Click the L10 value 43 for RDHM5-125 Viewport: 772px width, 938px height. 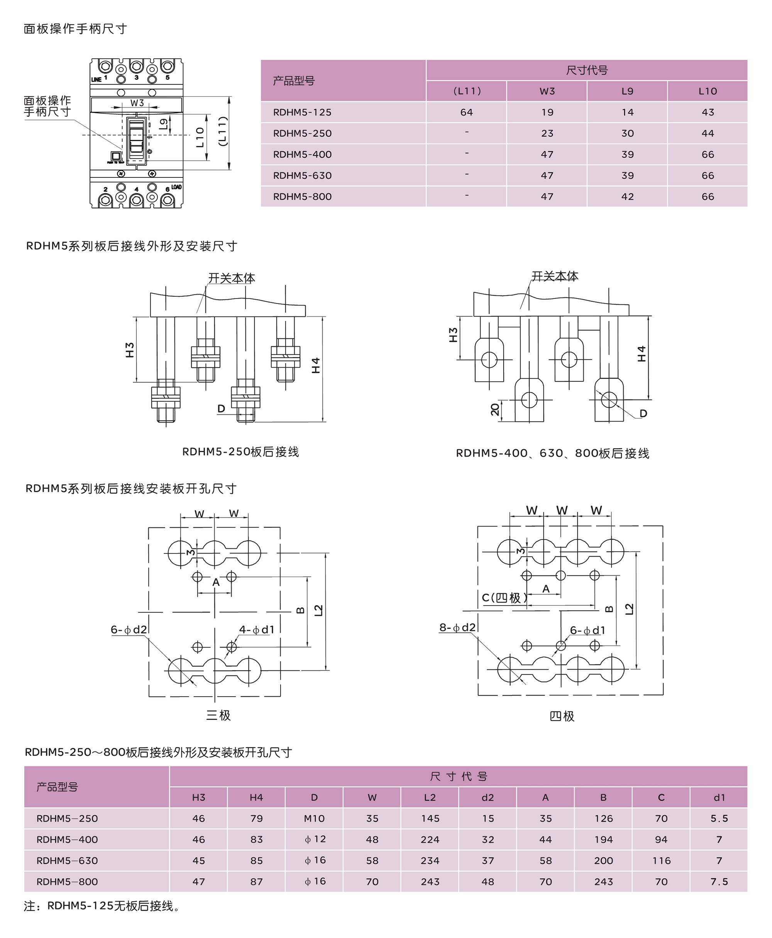(708, 112)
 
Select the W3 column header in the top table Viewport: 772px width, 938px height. (547, 91)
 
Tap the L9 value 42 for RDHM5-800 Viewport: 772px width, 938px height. (628, 197)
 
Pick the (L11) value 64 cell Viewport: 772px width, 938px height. (467, 112)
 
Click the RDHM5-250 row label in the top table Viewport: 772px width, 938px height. (302, 134)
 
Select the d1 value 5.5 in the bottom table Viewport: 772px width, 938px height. (719, 818)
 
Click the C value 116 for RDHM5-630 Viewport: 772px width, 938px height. (661, 861)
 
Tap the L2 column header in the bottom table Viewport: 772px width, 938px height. (430, 798)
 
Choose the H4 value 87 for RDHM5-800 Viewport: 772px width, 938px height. (257, 882)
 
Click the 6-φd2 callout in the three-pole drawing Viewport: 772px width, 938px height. (129, 629)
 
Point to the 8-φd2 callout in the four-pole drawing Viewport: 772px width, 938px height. (457, 628)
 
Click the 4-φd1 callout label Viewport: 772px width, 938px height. (257, 629)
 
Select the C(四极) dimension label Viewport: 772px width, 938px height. (505, 598)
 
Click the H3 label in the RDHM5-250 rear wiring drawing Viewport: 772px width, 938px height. (129, 350)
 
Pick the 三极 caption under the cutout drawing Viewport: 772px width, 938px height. (218, 715)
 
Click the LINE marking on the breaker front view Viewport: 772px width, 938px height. (96, 79)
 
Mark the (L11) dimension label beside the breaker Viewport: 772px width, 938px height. (223, 132)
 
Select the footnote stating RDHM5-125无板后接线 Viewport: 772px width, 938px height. (102, 906)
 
